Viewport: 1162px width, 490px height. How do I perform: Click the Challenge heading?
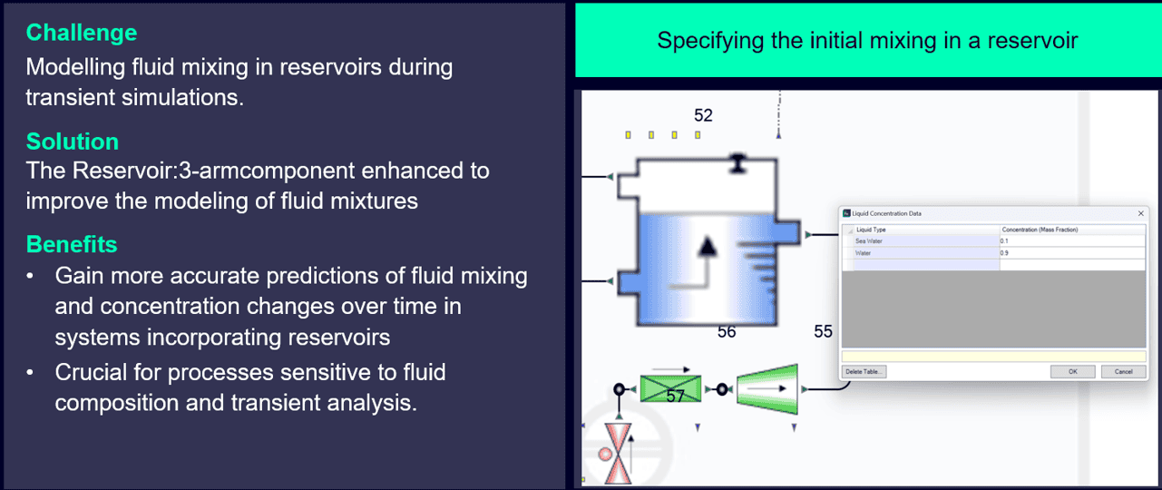[82, 33]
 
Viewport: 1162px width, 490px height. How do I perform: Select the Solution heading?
[73, 142]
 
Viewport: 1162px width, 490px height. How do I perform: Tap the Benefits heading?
[72, 245]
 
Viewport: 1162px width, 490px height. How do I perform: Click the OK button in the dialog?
[1071, 371]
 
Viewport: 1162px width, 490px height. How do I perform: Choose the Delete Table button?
[864, 371]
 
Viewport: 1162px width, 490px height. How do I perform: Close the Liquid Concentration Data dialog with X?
[1140, 213]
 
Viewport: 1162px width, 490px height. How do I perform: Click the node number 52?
[703, 115]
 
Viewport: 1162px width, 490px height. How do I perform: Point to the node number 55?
[823, 332]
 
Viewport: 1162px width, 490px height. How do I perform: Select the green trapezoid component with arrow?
[766, 388]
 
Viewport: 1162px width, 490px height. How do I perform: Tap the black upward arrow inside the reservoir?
[708, 246]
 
